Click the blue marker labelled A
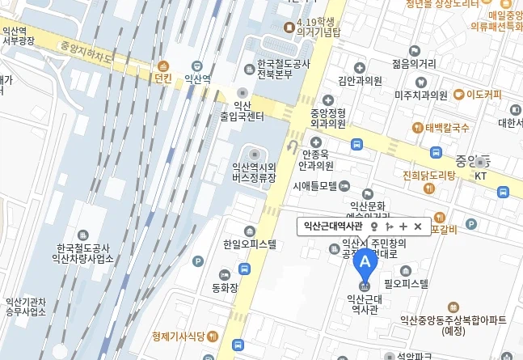click(366, 262)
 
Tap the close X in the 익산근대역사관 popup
click(417, 227)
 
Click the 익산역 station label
click(197, 78)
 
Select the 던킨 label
click(163, 78)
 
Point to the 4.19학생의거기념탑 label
click(321, 28)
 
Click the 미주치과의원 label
click(420, 95)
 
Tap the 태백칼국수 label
click(446, 128)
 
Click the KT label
click(480, 176)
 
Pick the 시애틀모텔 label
click(315, 185)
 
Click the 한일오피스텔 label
click(249, 244)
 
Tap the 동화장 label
click(225, 286)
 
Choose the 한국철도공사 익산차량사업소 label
click(82, 253)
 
